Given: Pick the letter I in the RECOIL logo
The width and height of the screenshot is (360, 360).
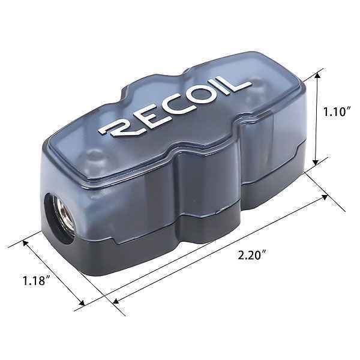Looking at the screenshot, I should click(223, 87).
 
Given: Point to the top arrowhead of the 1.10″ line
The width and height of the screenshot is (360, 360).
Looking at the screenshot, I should click(317, 76).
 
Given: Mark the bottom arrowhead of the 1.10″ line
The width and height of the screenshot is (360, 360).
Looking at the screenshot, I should click(317, 162).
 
